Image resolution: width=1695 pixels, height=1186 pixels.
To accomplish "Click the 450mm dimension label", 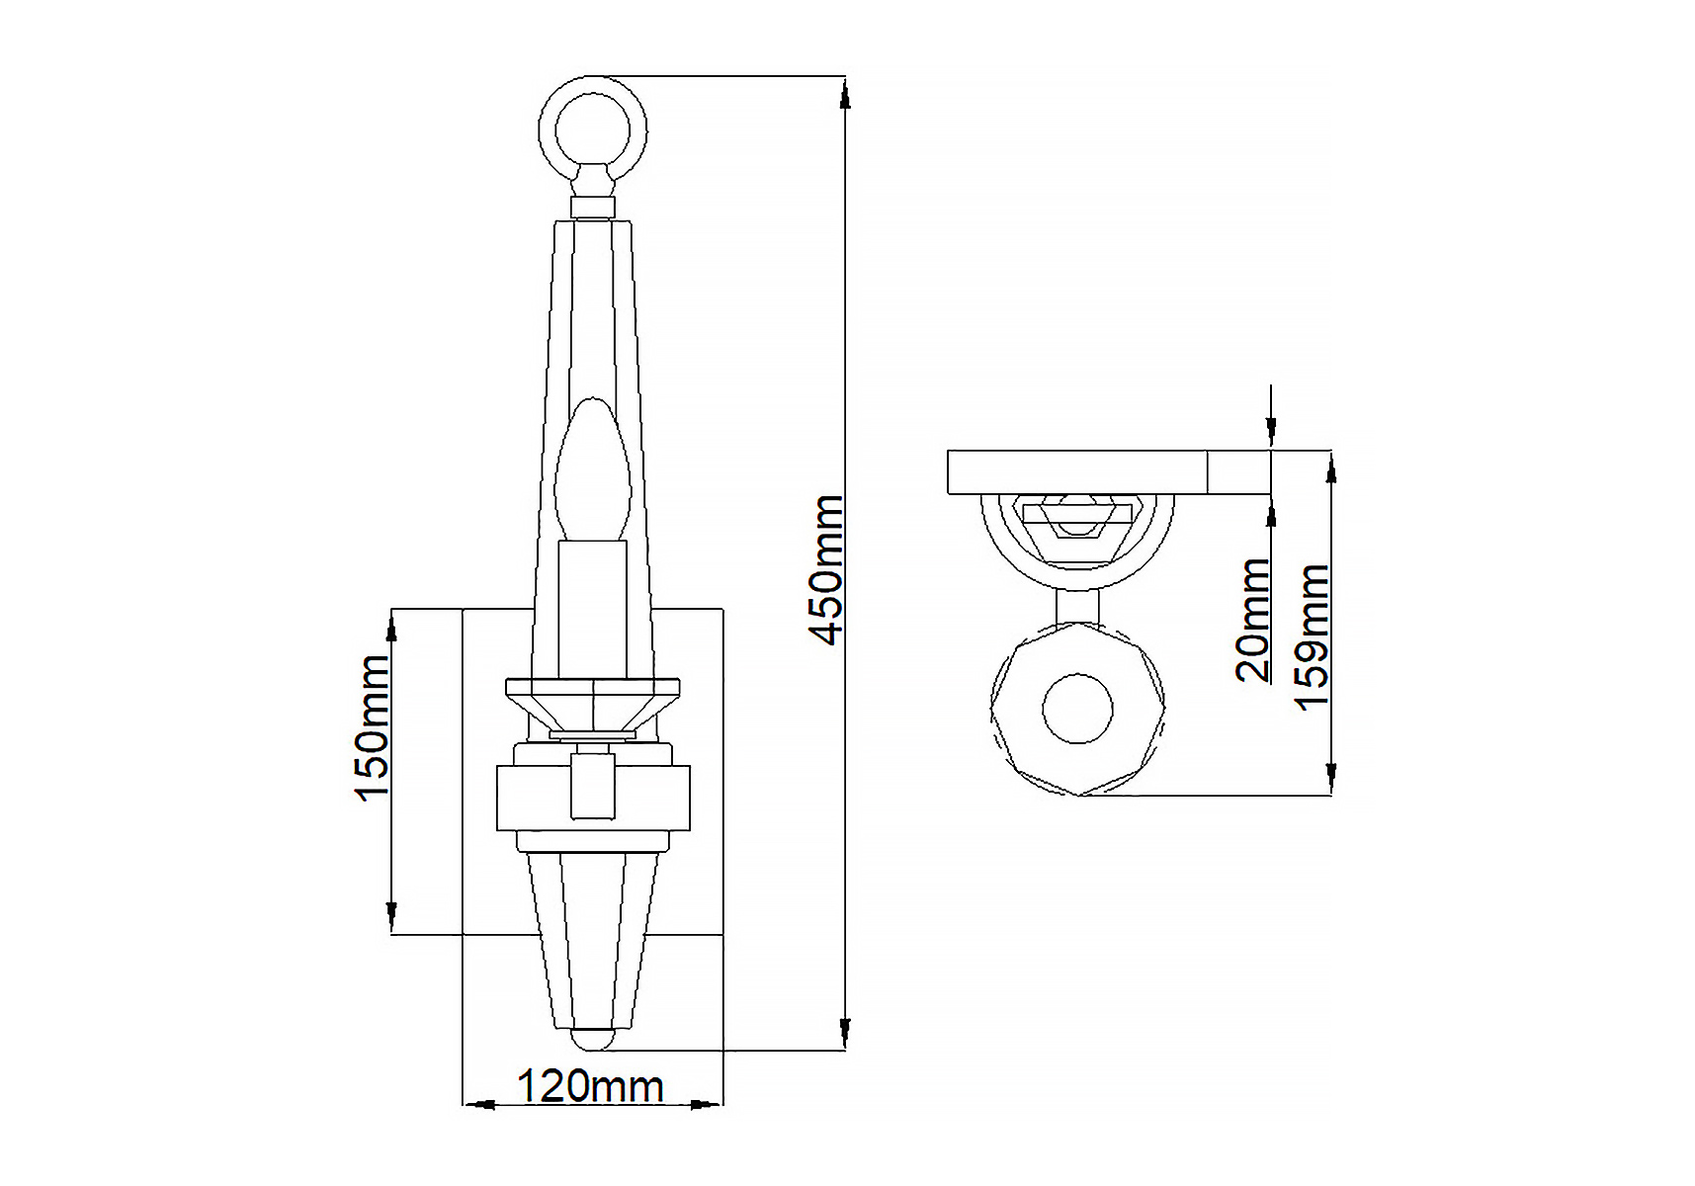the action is pos(827,570).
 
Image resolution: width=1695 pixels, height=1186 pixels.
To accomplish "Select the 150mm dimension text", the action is pos(372,728).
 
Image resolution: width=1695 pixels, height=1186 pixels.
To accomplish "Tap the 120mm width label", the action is pos(590,1086).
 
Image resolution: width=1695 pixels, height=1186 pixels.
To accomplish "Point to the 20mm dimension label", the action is pos(1253,620).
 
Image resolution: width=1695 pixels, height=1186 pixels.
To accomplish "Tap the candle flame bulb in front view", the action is pos(592,469).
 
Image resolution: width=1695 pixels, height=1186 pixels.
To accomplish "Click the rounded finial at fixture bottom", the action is pos(592,1041).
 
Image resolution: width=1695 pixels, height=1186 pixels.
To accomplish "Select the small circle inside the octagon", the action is pos(1077,708).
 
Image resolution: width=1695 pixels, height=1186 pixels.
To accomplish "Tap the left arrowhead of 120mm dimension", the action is pos(479,1104).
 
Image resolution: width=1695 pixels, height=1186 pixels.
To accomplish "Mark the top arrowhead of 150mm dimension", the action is pos(391,625).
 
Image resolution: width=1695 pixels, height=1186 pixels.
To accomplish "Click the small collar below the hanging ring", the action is pos(593,207).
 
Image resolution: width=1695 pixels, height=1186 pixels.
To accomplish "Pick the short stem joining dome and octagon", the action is pos(1077,606).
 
